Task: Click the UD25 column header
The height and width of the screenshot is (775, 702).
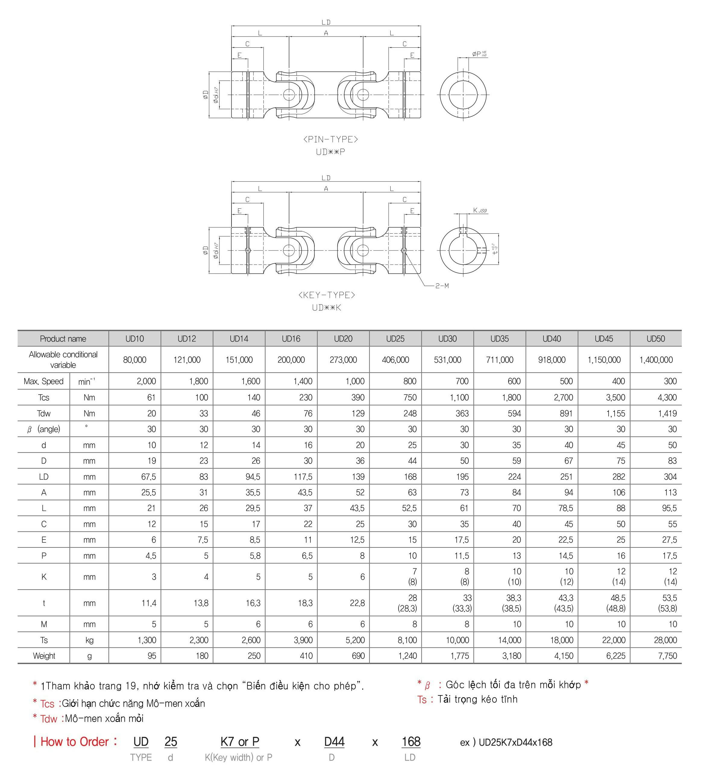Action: click(x=395, y=339)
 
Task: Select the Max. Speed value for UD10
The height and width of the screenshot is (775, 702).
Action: click(x=146, y=381)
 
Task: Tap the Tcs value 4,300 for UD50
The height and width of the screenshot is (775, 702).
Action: click(x=667, y=398)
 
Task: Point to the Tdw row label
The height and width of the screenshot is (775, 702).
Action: click(x=43, y=413)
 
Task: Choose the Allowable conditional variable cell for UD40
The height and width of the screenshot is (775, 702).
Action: click(x=552, y=360)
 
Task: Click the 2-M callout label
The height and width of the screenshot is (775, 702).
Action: click(x=442, y=286)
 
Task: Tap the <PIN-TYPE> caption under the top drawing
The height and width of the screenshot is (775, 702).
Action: click(x=331, y=139)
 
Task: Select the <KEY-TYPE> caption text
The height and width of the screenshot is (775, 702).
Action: click(x=326, y=295)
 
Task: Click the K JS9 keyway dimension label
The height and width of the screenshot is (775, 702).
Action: click(x=480, y=210)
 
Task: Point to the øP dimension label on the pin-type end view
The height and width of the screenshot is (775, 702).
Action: click(x=479, y=54)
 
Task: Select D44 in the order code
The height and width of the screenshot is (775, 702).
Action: click(x=334, y=742)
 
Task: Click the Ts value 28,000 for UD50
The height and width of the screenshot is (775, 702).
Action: click(x=665, y=640)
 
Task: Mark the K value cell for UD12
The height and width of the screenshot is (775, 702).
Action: click(x=206, y=577)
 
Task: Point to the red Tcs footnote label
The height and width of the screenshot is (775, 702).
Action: click(x=47, y=704)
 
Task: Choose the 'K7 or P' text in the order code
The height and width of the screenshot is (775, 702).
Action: click(x=240, y=742)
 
